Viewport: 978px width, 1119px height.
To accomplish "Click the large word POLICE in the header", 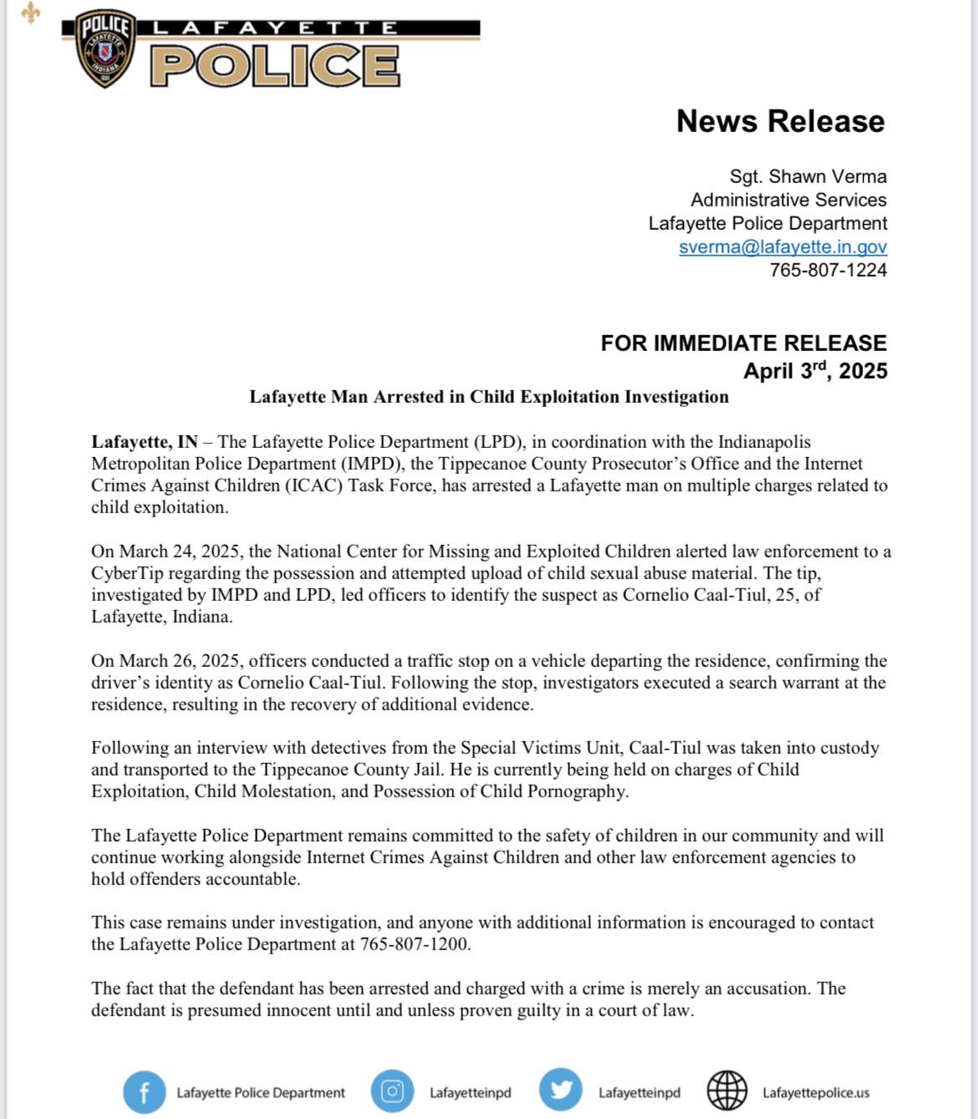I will pyautogui.click(x=275, y=65).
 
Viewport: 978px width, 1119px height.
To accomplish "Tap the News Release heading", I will pyautogui.click(x=780, y=121).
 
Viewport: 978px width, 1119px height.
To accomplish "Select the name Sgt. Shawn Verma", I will pyautogui.click(x=807, y=176).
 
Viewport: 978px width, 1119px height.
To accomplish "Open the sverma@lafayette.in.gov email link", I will pyautogui.click(x=782, y=247).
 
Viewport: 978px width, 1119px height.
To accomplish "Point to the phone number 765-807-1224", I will pyautogui.click(x=828, y=270).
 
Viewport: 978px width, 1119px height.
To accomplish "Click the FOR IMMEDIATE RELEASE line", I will pyautogui.click(x=743, y=343).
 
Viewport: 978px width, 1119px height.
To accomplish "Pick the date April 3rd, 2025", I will pyautogui.click(x=815, y=370).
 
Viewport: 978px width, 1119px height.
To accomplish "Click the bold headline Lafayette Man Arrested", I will pyautogui.click(x=488, y=397).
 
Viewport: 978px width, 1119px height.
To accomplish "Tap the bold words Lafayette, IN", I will pyautogui.click(x=145, y=442).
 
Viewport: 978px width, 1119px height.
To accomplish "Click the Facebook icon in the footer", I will pyautogui.click(x=144, y=1092).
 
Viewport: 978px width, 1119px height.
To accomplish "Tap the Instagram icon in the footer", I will pyautogui.click(x=392, y=1091).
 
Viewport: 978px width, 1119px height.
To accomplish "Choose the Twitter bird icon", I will pyautogui.click(x=560, y=1091).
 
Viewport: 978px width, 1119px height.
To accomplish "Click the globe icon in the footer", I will pyautogui.click(x=727, y=1091).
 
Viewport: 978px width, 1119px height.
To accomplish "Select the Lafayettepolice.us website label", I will pyautogui.click(x=815, y=1092).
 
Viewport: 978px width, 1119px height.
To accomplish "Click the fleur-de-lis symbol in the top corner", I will pyautogui.click(x=31, y=13).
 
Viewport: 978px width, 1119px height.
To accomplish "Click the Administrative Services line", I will pyautogui.click(x=788, y=200).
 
